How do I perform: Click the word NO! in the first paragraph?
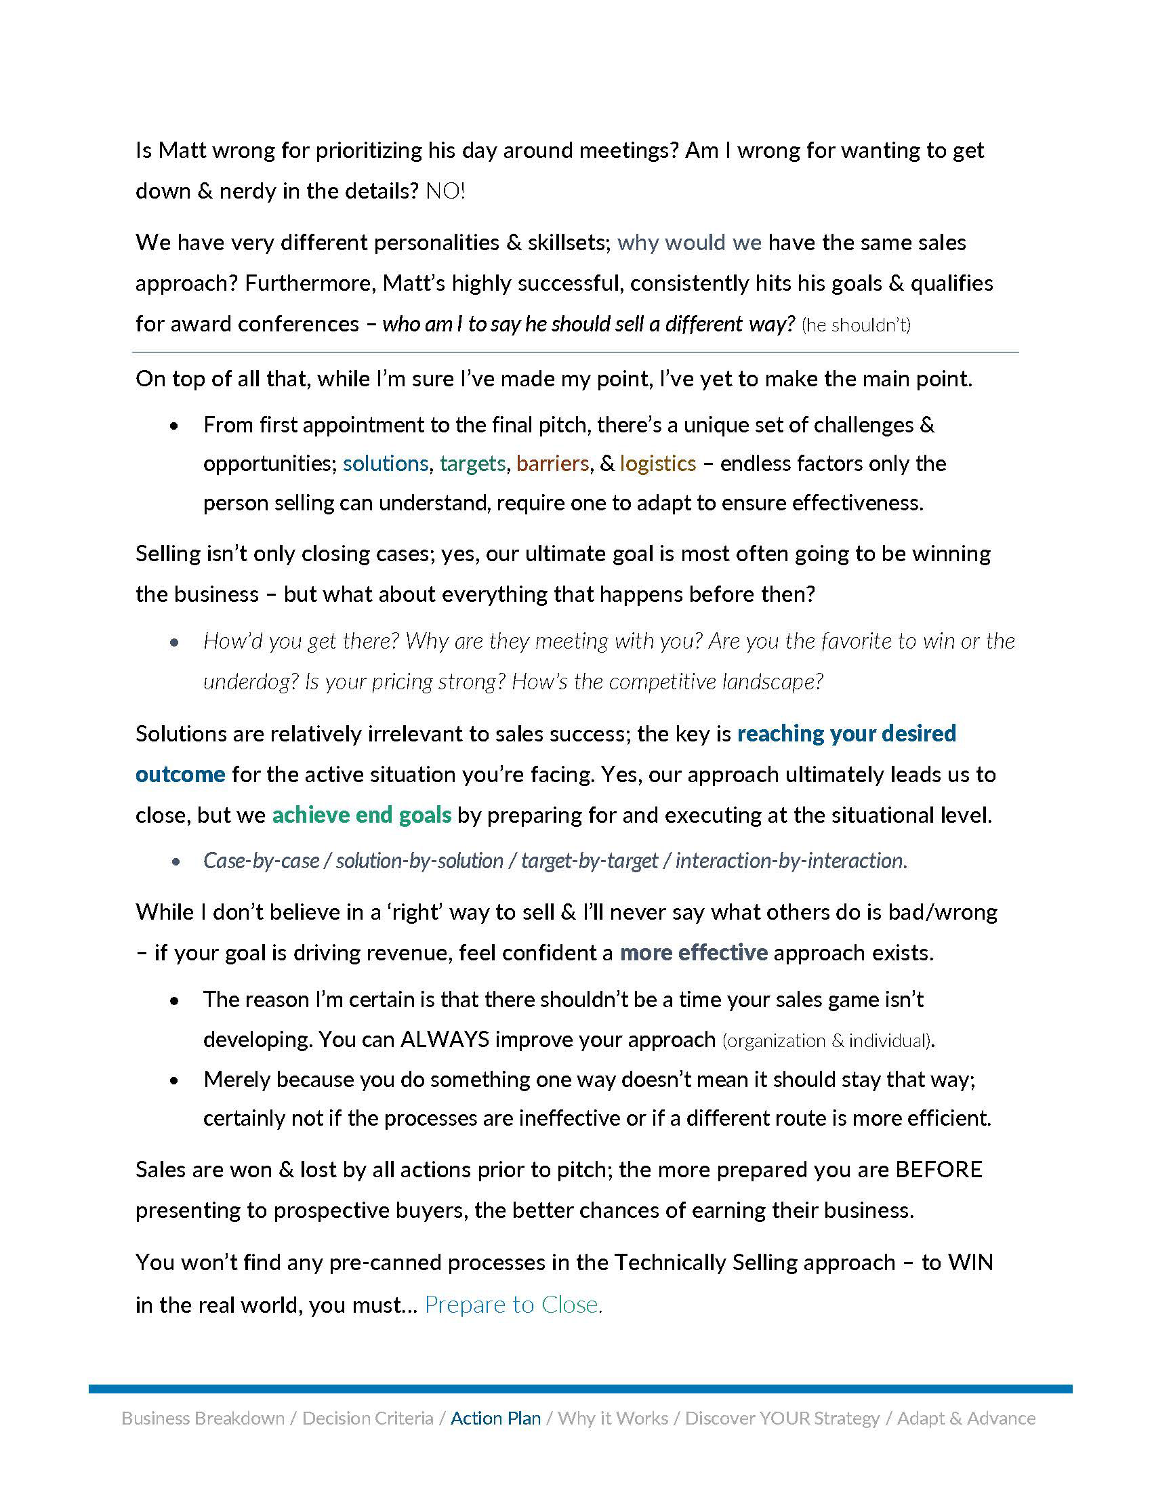tap(445, 191)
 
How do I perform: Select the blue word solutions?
tap(386, 464)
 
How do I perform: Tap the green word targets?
tap(472, 464)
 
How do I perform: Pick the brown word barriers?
tap(552, 464)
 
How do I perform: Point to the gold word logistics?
tap(658, 464)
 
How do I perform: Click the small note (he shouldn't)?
tap(856, 325)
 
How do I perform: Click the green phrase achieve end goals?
tap(362, 815)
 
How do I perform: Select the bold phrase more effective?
tap(693, 952)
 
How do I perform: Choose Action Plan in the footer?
tap(495, 1418)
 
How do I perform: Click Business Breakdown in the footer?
tap(203, 1418)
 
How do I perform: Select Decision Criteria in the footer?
tap(368, 1418)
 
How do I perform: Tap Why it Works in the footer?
tap(613, 1418)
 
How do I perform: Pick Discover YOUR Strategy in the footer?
tap(782, 1418)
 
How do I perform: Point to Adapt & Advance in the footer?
tap(966, 1418)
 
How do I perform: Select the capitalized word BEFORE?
tap(939, 1170)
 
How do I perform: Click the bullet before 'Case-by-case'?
tap(176, 862)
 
